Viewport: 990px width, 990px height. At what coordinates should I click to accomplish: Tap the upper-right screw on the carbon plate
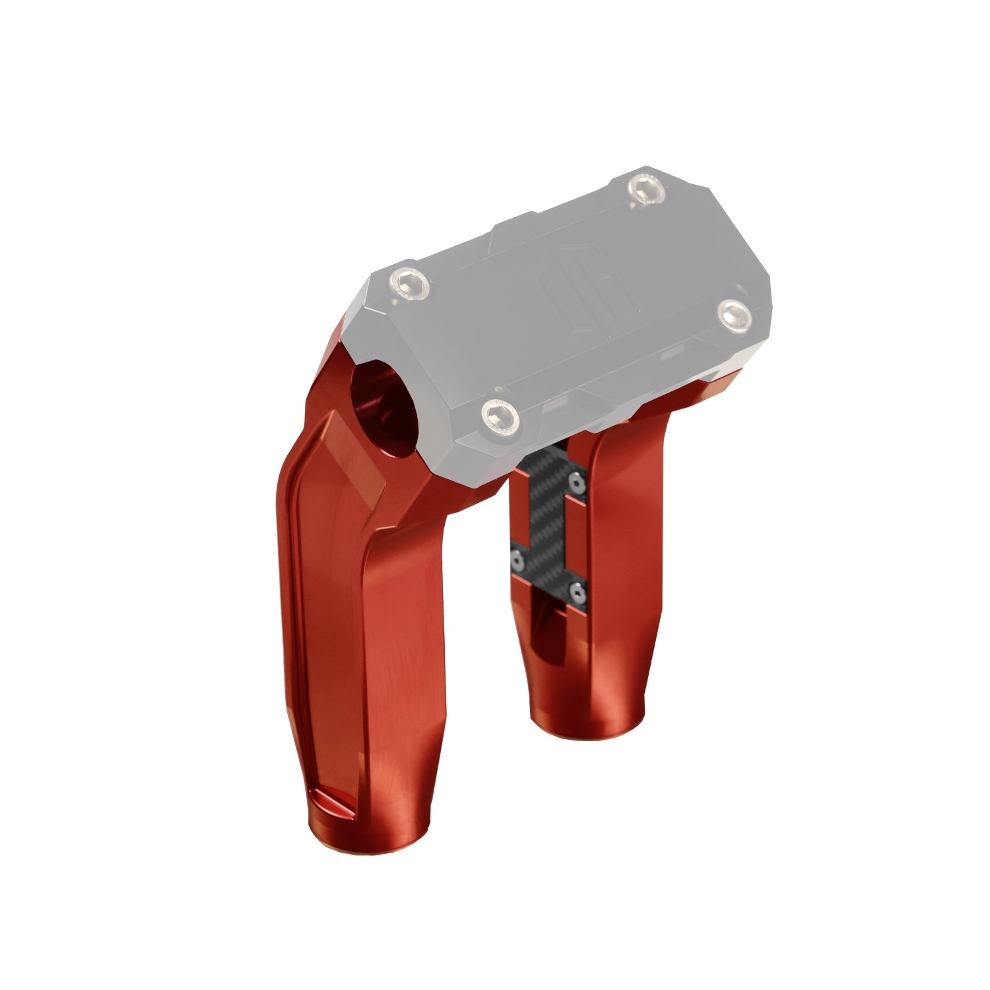click(x=579, y=484)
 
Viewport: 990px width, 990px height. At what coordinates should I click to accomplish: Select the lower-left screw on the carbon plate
click(x=519, y=561)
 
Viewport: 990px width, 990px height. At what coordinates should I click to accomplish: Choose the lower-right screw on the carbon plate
click(x=579, y=593)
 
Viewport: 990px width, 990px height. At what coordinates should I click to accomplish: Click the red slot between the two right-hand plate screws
click(x=577, y=538)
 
